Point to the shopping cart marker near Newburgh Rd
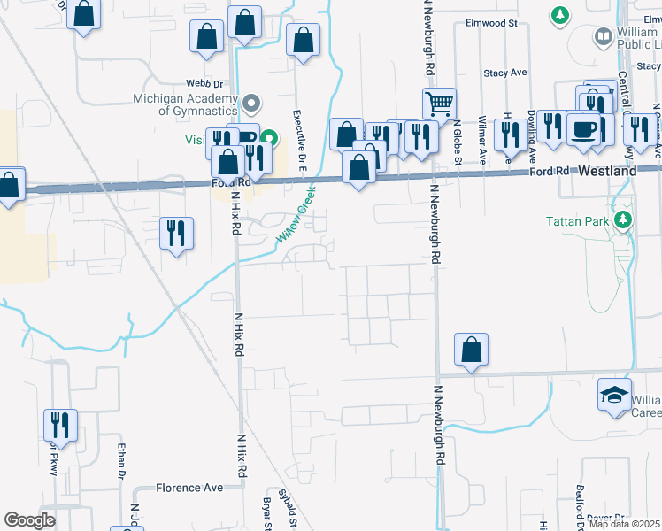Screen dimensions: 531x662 point(438,105)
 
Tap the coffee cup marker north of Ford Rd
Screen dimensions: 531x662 point(583,129)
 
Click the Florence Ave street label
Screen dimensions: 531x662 point(189,488)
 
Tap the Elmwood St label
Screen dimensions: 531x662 point(496,25)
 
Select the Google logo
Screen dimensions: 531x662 point(29,520)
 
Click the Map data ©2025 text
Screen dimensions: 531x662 point(625,524)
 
